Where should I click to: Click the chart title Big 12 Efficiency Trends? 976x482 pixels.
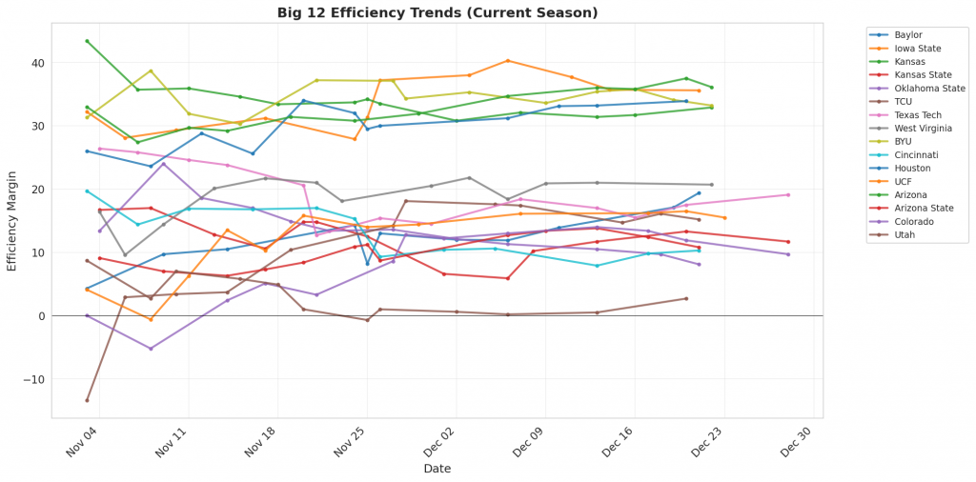pyautogui.click(x=437, y=12)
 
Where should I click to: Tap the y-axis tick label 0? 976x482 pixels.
pyautogui.click(x=40, y=316)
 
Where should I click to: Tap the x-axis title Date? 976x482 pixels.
pyautogui.click(x=437, y=469)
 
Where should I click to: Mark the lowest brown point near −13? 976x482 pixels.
pyautogui.click(x=87, y=400)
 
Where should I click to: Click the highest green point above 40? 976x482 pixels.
pyautogui.click(x=87, y=41)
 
